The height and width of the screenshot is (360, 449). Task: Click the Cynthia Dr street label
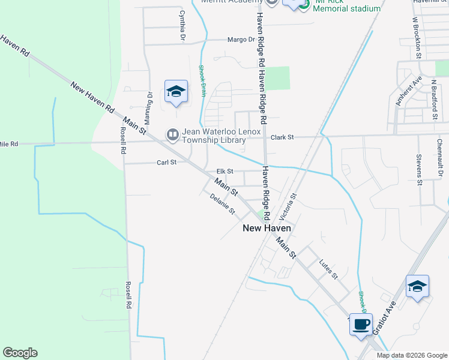pos(181,26)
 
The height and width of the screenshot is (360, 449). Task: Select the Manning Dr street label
pos(150,104)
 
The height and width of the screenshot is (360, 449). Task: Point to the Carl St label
pos(166,162)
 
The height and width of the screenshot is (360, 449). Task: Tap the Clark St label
pos(282,137)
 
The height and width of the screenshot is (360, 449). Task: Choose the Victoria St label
pos(294,205)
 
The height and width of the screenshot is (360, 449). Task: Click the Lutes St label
pos(329,270)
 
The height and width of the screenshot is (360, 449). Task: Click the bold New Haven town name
pos(267,228)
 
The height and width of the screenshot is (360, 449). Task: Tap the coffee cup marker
pos(361,325)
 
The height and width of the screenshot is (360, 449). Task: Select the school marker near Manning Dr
pos(176,91)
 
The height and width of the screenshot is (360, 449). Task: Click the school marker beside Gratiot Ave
pos(417,286)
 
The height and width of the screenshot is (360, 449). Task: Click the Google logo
pos(20,353)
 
